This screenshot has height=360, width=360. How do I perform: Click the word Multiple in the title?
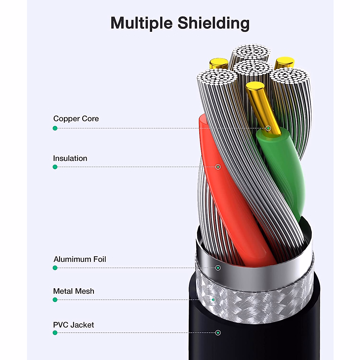point(142,23)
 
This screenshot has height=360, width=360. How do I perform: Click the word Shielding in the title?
point(213,23)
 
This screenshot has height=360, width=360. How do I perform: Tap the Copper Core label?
point(76,118)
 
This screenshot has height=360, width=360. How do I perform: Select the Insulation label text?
point(70,158)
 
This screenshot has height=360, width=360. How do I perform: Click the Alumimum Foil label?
point(79,259)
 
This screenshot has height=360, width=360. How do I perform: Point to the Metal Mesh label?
point(73,291)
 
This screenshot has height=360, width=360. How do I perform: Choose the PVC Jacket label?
point(73,325)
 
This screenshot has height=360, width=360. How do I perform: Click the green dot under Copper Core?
point(55,128)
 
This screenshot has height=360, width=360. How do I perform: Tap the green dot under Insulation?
point(55,167)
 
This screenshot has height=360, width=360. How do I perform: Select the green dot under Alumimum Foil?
point(55,268)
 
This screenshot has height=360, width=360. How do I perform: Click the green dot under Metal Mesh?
point(55,300)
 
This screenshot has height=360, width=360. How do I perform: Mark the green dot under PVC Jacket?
point(55,333)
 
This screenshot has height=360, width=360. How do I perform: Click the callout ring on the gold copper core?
point(268,128)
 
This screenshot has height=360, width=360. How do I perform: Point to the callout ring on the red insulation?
point(218,167)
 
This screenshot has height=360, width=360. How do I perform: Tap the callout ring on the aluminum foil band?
point(218,268)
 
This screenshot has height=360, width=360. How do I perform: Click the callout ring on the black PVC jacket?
point(218,333)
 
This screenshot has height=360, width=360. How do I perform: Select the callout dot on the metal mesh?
point(213,300)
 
